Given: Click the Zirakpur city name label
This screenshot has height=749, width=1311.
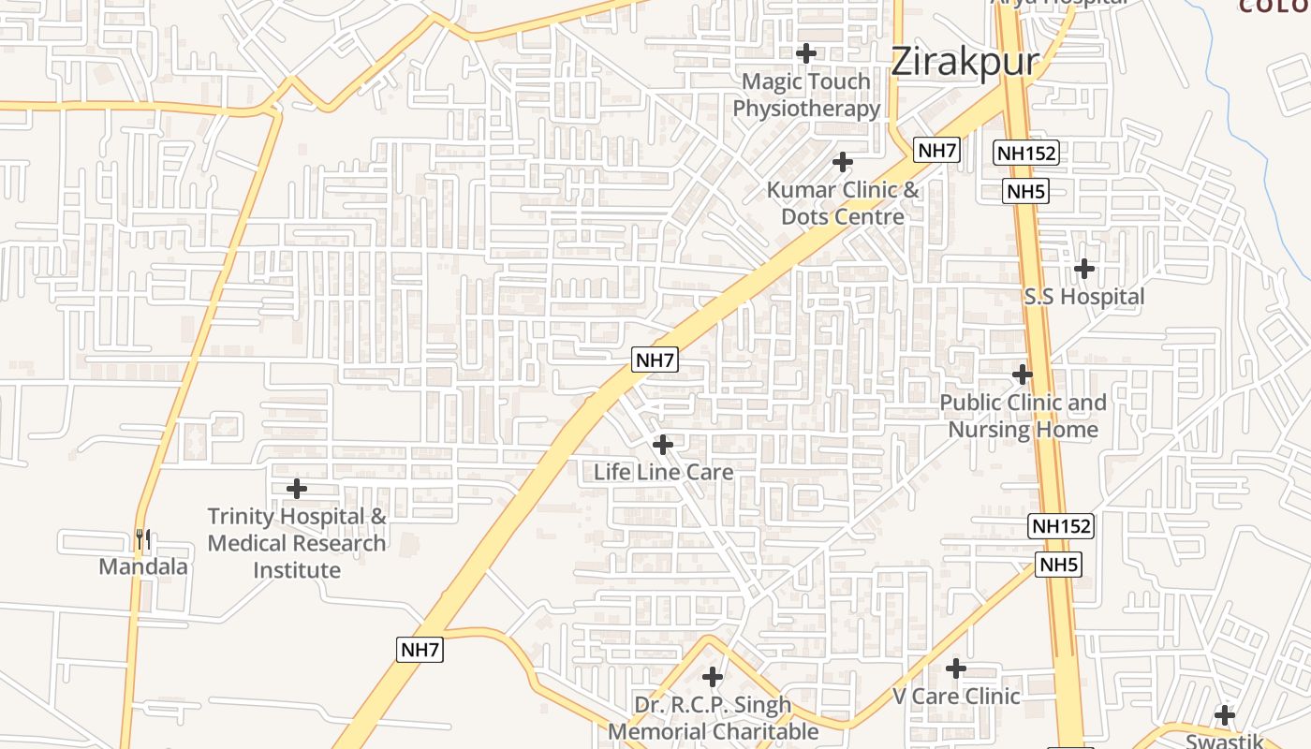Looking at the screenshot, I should [965, 62].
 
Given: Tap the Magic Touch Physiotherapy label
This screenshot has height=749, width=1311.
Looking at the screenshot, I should [806, 95].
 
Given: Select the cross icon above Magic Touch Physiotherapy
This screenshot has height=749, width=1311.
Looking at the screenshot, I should [806, 53].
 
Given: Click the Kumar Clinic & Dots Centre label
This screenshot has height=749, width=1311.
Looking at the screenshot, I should [843, 203].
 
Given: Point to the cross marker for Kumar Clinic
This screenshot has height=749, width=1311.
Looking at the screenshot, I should [843, 162].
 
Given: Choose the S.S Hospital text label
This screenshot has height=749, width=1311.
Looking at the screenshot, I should [1084, 297].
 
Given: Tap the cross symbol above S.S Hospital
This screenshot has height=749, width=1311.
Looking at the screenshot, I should [1084, 269].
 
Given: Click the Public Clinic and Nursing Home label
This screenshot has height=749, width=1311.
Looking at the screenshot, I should [1023, 416].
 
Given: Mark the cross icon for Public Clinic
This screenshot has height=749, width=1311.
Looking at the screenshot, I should [1023, 374].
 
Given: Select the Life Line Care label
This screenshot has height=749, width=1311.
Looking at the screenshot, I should [663, 472].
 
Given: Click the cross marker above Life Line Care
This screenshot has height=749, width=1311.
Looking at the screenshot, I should [663, 444].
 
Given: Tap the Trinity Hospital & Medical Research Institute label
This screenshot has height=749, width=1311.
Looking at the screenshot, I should [296, 543].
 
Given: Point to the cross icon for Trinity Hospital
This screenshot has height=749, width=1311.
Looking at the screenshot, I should [296, 489].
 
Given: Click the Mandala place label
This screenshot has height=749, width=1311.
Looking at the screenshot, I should [143, 566].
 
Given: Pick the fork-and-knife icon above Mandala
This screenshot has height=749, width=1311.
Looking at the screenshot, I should [142, 539].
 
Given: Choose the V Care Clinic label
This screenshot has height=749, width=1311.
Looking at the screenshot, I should [956, 696].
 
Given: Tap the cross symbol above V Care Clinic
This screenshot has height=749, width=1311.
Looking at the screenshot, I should [956, 668].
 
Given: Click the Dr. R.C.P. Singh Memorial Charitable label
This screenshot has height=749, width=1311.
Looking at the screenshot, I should [713, 717].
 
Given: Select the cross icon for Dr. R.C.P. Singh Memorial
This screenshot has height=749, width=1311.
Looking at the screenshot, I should [713, 676].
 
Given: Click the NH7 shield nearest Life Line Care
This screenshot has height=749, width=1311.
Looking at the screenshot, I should [655, 360].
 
